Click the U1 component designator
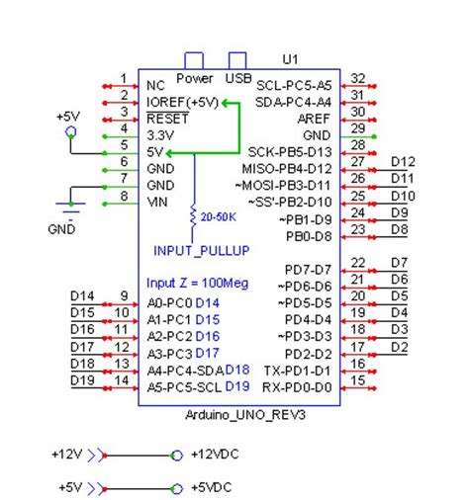pyautogui.click(x=290, y=60)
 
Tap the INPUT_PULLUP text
pyautogui.click(x=201, y=250)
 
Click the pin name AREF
pyautogui.click(x=313, y=119)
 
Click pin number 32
pyautogui.click(x=358, y=79)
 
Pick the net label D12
pyautogui.click(x=403, y=161)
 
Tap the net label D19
pyautogui.click(x=83, y=379)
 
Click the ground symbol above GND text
pyautogui.click(x=68, y=208)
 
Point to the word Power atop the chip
pyautogui.click(x=195, y=78)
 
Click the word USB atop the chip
pyautogui.click(x=238, y=78)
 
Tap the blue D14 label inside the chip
pyautogui.click(x=207, y=302)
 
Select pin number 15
pyautogui.click(x=358, y=379)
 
